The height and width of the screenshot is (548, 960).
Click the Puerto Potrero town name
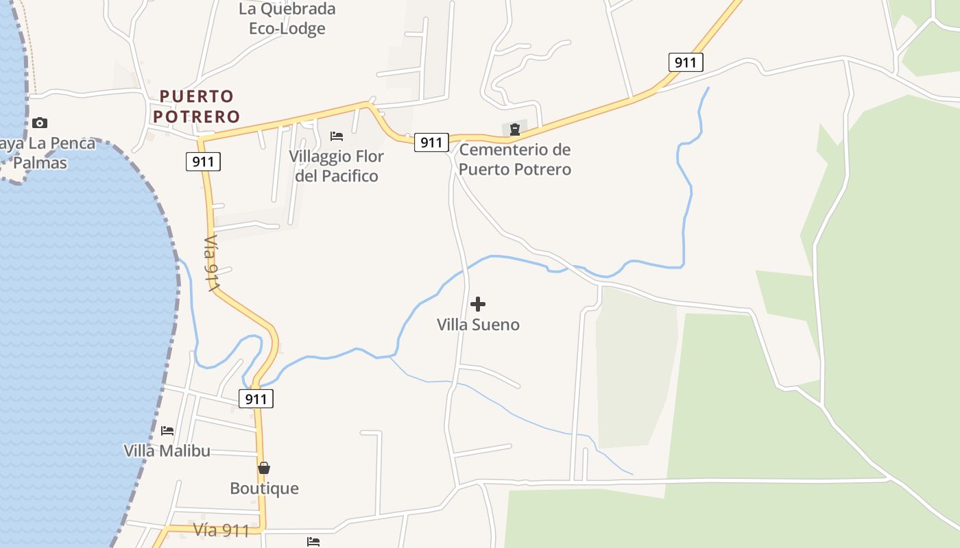(197, 106)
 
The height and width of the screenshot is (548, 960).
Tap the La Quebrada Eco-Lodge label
(287, 18)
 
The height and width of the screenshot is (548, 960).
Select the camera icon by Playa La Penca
(40, 123)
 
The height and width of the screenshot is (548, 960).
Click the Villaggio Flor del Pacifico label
(336, 166)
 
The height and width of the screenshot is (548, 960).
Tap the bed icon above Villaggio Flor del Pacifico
(337, 136)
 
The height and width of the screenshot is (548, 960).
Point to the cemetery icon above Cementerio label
(514, 129)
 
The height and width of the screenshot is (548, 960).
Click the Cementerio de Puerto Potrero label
(514, 159)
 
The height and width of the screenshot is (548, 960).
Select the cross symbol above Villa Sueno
(478, 303)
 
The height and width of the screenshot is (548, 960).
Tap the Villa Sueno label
(478, 324)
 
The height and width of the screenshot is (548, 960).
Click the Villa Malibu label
(167, 451)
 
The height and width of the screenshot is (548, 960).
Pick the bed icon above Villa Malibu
(167, 431)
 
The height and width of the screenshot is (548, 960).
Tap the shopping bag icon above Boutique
(264, 468)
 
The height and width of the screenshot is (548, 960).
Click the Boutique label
(264, 488)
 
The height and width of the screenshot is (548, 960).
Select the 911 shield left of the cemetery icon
(431, 142)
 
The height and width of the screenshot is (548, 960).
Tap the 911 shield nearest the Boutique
(256, 399)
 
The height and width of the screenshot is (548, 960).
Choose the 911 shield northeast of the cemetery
(686, 63)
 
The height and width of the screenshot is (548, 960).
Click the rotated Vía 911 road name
(212, 265)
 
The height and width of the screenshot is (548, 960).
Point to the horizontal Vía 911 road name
(221, 530)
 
